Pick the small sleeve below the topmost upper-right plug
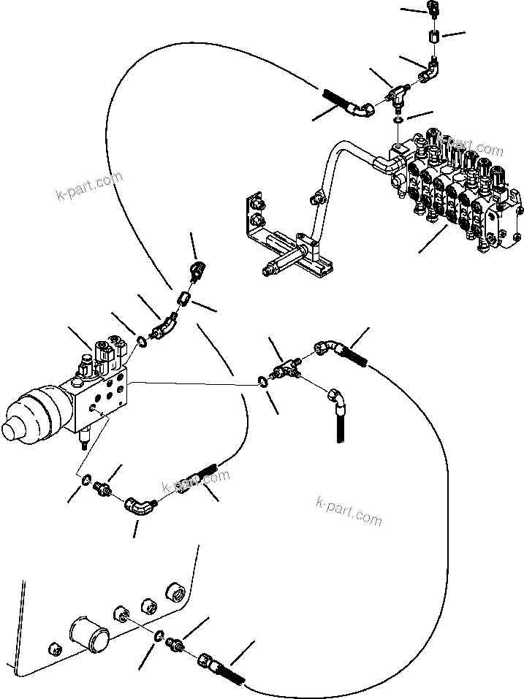pos(433,36)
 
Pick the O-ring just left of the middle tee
pos(262,381)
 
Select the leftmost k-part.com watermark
pos(89,187)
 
